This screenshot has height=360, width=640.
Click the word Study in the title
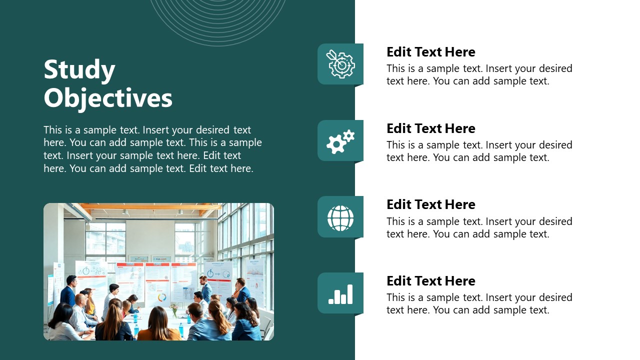point(79,70)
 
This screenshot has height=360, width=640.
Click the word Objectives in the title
point(108,98)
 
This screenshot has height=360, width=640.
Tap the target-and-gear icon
point(340,64)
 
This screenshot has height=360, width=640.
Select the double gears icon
point(340,141)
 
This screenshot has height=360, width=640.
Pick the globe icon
point(340,218)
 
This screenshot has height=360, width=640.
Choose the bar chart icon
point(340,294)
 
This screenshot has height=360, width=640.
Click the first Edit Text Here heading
point(430,52)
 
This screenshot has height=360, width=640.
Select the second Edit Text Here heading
point(430,128)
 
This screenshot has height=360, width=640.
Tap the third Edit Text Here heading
point(430,204)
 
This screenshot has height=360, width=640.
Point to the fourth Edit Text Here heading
point(430,281)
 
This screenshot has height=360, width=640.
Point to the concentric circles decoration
point(218,20)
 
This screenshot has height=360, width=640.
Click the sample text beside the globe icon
point(479,227)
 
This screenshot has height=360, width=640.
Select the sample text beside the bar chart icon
point(479,303)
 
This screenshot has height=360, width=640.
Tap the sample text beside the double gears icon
point(479,151)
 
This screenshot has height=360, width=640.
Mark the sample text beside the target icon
point(479,74)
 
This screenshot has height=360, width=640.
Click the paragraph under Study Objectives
point(152,149)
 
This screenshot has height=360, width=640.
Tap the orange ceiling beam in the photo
point(150,206)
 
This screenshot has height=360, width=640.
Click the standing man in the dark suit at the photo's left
point(68,290)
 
